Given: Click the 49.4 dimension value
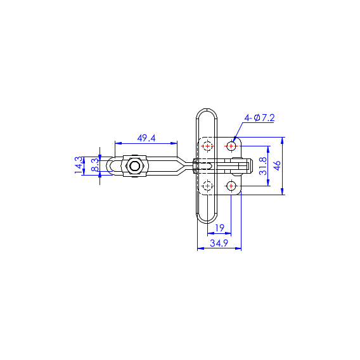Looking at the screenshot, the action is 146,138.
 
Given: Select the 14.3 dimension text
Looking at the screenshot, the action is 79,165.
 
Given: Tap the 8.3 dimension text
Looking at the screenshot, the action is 95,165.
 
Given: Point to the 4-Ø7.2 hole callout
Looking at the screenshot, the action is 259,118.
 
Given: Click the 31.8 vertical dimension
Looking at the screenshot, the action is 263,166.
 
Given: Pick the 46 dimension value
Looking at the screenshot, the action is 278,165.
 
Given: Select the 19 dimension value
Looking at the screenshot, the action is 219,228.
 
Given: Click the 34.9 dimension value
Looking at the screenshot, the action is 219,243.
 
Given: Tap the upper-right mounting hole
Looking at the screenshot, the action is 231,146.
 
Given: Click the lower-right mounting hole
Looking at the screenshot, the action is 231,186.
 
